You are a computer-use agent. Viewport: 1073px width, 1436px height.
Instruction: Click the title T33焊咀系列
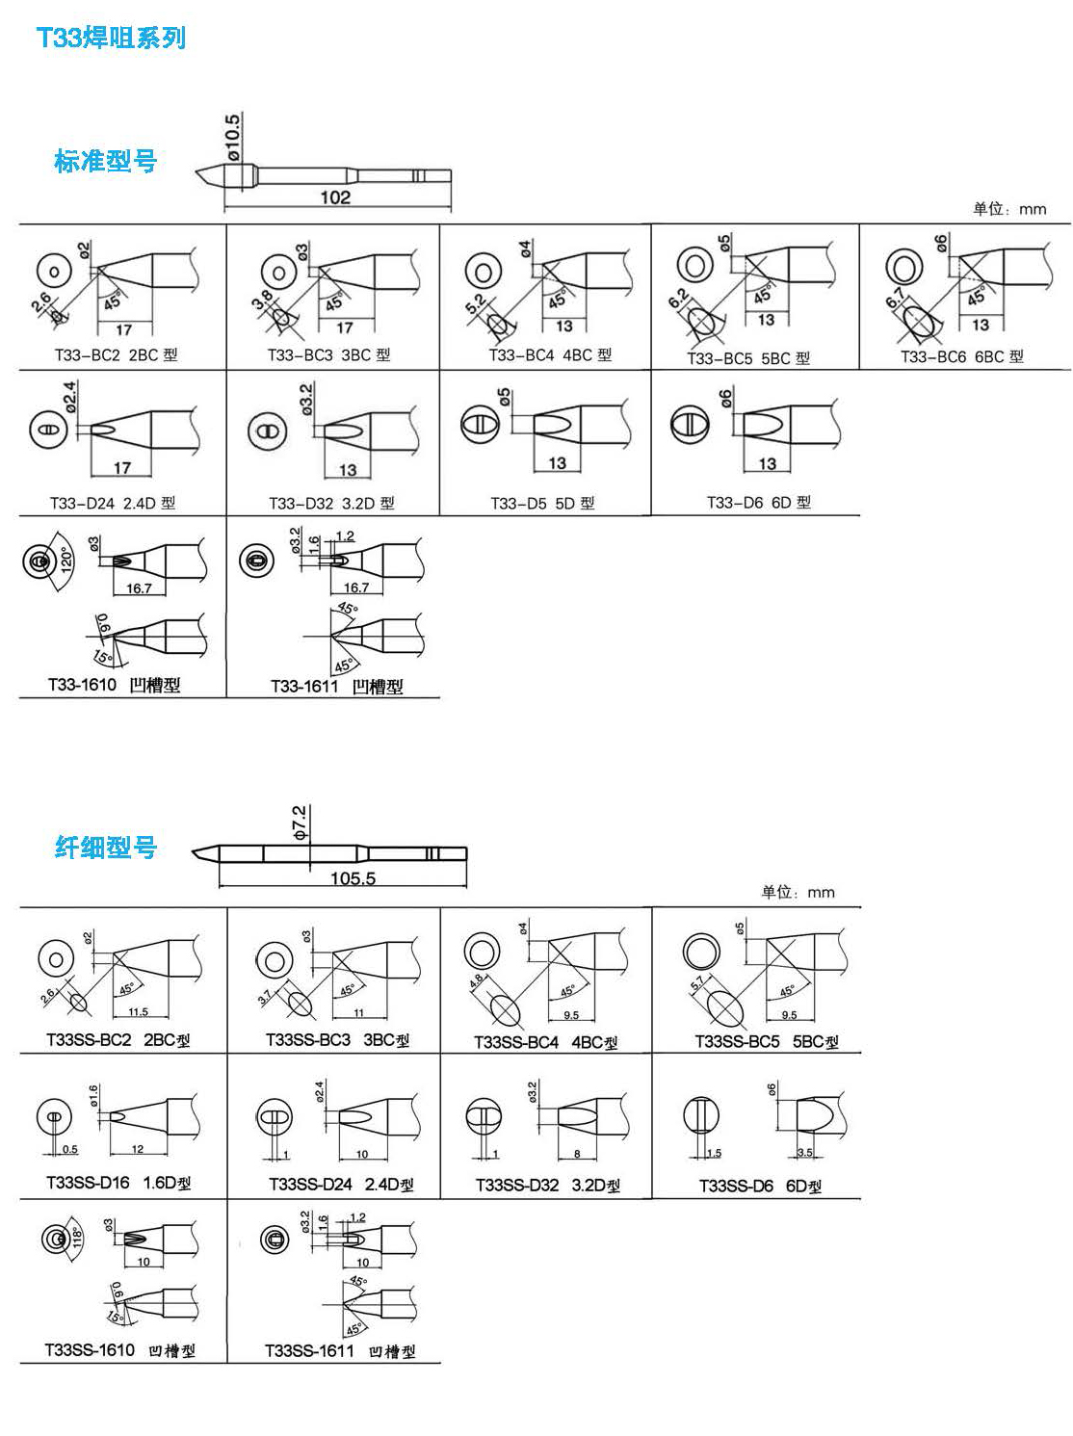click(x=110, y=39)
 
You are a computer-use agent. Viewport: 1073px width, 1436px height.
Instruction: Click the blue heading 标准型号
click(x=105, y=161)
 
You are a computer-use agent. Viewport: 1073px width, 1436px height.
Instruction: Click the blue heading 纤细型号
click(x=105, y=848)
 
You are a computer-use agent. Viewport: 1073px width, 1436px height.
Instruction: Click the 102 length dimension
click(x=335, y=197)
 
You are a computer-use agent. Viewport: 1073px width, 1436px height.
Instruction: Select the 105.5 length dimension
click(x=353, y=877)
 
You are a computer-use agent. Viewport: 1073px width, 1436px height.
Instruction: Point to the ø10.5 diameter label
click(x=232, y=136)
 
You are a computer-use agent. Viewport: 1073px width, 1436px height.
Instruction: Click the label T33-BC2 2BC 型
click(x=116, y=355)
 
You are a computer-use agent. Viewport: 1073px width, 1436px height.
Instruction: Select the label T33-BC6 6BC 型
click(x=961, y=357)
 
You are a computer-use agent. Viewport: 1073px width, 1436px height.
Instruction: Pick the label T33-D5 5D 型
click(x=542, y=503)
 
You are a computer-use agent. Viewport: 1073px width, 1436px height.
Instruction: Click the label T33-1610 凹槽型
click(x=114, y=685)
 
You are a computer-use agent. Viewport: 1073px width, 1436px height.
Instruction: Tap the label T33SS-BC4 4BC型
click(x=545, y=1042)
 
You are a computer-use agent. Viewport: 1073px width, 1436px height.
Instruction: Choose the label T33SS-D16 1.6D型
click(x=118, y=1184)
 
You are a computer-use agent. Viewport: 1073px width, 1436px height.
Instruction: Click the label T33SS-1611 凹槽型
click(x=340, y=1351)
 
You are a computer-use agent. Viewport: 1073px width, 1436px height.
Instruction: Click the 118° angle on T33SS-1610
click(x=77, y=1237)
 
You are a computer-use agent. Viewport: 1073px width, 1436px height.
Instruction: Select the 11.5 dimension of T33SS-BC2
click(x=138, y=1012)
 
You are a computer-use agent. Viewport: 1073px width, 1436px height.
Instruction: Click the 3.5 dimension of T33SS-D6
click(x=805, y=1152)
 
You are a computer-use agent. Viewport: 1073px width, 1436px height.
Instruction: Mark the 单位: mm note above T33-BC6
click(x=1008, y=209)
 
